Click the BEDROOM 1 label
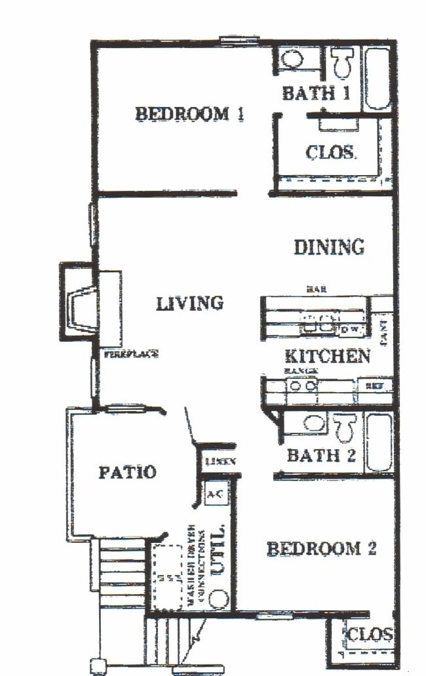tap(190, 113)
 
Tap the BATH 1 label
tap(317, 92)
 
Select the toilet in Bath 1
tap(341, 63)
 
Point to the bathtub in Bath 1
tap(378, 77)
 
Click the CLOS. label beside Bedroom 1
tap(331, 153)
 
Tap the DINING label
tap(328, 247)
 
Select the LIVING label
tap(190, 303)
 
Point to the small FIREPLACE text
tap(131, 355)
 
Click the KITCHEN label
tap(328, 356)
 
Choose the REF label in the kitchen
tap(374, 386)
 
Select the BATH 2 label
tap(321, 455)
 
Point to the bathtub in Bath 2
tap(378, 441)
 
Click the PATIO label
tap(127, 471)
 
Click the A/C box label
tap(215, 495)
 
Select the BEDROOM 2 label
tap(321, 548)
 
